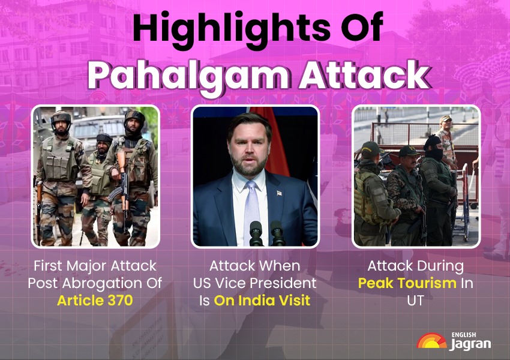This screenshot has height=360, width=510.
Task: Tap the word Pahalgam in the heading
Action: pyautogui.click(x=188, y=76)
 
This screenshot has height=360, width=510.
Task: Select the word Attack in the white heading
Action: pyautogui.click(x=364, y=74)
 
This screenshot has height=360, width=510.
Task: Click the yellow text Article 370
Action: pyautogui.click(x=95, y=300)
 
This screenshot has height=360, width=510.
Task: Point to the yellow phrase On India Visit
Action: pyautogui.click(x=262, y=300)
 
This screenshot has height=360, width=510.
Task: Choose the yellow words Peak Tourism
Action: pyautogui.click(x=407, y=283)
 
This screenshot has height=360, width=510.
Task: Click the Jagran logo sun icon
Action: pyautogui.click(x=431, y=341)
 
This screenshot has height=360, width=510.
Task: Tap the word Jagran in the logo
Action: pyautogui.click(x=470, y=344)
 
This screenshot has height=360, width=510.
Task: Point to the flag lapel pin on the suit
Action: pyautogui.click(x=279, y=193)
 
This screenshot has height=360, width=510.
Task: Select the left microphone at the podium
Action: pyautogui.click(x=256, y=233)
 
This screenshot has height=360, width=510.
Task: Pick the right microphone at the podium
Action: pyautogui.click(x=277, y=233)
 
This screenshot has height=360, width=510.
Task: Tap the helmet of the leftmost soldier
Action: pyautogui.click(x=61, y=118)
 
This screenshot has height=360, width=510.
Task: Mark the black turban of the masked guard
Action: pyautogui.click(x=432, y=142)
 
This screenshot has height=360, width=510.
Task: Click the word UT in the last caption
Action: pyautogui.click(x=415, y=301)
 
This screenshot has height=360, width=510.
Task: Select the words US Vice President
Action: pyautogui.click(x=254, y=283)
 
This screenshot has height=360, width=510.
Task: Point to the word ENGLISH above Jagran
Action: pyautogui.click(x=464, y=335)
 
